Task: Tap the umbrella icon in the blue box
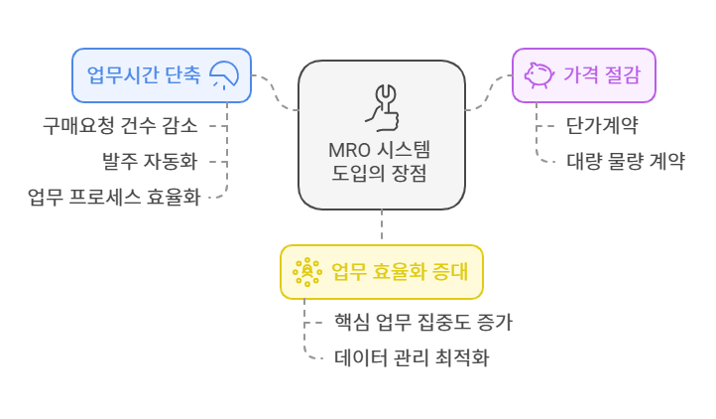[226, 75]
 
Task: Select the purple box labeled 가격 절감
[583, 75]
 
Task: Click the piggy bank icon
[538, 75]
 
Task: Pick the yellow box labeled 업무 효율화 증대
[382, 272]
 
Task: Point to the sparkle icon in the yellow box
[306, 272]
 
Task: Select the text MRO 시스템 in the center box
[382, 152]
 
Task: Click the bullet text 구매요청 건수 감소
[120, 126]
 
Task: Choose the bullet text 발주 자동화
[151, 161]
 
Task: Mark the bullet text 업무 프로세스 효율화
[114, 196]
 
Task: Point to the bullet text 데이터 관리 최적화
[412, 356]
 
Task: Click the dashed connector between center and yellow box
[382, 227]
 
